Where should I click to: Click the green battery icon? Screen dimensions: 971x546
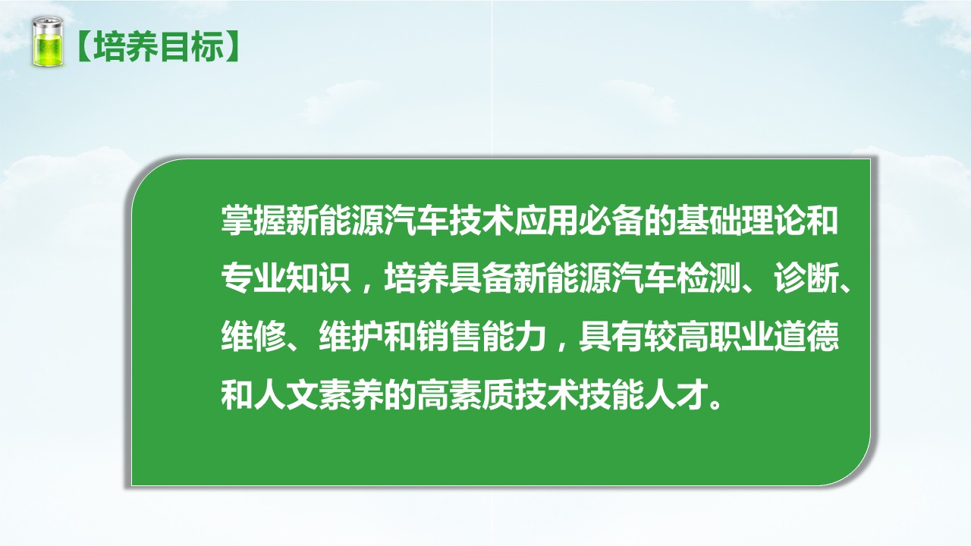coord(48,42)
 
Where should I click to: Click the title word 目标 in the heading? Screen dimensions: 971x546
coord(192,46)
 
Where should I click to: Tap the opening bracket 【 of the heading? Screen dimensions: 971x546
coord(84,46)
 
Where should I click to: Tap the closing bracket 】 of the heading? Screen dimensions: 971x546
coord(233,46)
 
